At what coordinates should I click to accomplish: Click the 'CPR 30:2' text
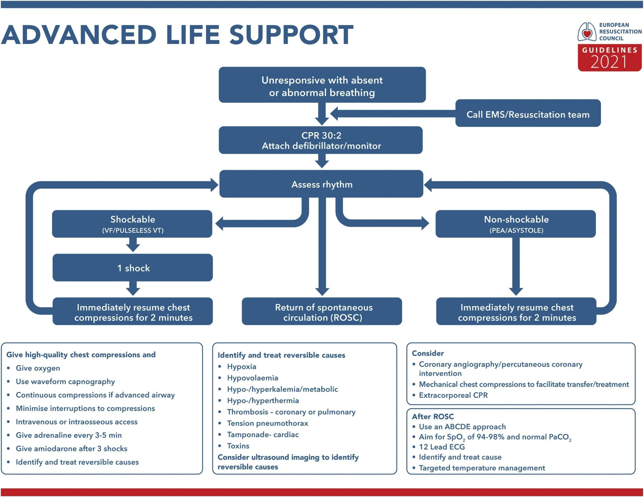(x=321, y=135)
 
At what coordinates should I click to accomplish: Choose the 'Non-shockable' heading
(x=516, y=219)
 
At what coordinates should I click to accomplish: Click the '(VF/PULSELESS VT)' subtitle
(x=133, y=231)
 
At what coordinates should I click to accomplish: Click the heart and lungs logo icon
(x=587, y=32)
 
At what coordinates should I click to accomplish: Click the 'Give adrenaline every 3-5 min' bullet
(x=69, y=435)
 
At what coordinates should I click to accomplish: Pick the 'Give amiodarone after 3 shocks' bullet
(x=72, y=449)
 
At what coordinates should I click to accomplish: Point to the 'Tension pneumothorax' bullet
(x=267, y=423)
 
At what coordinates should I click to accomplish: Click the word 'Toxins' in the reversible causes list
(x=238, y=446)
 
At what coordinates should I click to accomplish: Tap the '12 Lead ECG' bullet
(x=442, y=447)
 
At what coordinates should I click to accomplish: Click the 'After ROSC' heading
(x=433, y=417)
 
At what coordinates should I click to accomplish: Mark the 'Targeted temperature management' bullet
(x=482, y=468)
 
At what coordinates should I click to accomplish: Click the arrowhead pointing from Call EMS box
(x=334, y=114)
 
